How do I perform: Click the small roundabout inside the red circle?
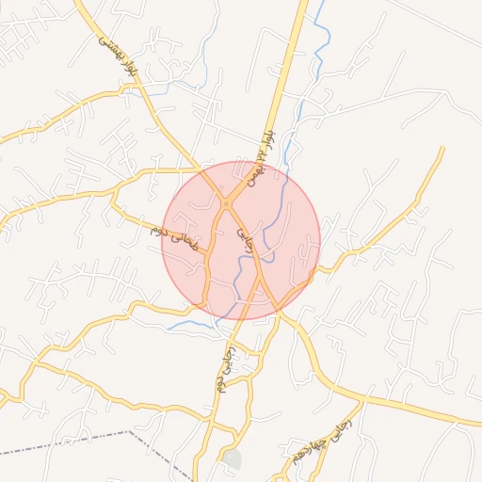click(226, 204)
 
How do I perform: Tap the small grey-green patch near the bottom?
click(233, 459)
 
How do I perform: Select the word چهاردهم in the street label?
click(315, 442)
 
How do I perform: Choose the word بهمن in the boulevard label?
click(250, 172)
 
